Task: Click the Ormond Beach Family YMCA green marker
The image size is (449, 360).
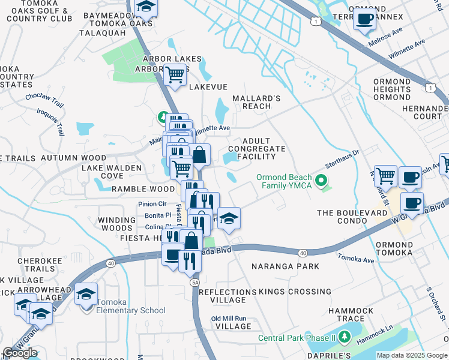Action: click(x=322, y=180)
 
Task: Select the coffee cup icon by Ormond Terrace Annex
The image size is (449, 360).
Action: click(x=364, y=19)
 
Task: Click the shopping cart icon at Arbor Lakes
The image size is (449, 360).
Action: click(x=174, y=75)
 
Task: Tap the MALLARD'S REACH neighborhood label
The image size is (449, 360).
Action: click(x=256, y=102)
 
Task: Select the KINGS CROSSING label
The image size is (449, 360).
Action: click(x=295, y=292)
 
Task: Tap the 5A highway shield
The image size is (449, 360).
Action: click(x=194, y=281)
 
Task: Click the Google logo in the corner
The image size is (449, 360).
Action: click(x=20, y=353)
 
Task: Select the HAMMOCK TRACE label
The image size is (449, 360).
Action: click(x=351, y=315)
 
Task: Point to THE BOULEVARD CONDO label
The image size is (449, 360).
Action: click(x=351, y=217)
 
